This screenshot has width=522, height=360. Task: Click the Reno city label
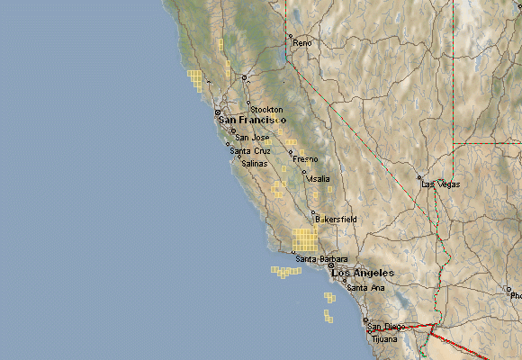302,43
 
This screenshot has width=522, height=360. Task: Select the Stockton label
266,110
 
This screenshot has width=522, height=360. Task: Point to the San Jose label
252,138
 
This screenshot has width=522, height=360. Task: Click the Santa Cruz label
250,151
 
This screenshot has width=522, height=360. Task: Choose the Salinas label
254,164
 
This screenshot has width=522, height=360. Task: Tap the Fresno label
305,159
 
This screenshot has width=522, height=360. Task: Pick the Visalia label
319,179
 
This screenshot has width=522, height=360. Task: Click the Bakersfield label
337,219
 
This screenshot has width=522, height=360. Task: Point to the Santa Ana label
366,288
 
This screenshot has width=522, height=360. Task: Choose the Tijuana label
384,339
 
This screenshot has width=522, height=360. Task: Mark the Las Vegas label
441,184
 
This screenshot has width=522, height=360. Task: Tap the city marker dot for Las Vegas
419,177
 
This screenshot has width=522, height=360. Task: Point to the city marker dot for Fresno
291,152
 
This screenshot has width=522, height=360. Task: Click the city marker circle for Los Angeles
331,265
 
